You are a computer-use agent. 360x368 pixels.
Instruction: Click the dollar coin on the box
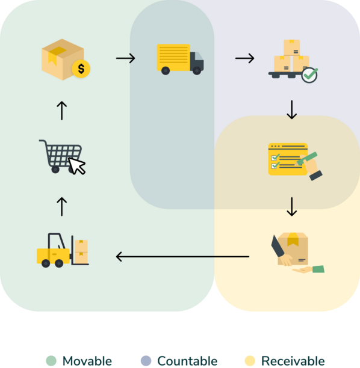click(81, 69)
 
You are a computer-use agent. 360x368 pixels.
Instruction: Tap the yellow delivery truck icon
click(180, 60)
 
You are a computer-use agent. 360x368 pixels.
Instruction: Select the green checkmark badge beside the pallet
click(309, 75)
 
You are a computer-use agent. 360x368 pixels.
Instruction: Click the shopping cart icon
click(62, 157)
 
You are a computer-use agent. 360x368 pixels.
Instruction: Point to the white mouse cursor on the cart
click(76, 166)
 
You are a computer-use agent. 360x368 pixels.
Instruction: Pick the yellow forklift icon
click(63, 250)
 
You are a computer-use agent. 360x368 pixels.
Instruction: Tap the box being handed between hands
click(293, 248)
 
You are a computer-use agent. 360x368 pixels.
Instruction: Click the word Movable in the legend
click(87, 361)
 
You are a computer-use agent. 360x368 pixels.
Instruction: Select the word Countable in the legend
click(187, 361)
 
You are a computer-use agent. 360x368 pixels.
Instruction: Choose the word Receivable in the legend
click(293, 361)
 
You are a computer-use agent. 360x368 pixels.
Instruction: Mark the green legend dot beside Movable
click(51, 361)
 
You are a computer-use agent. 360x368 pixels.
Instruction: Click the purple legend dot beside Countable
click(146, 361)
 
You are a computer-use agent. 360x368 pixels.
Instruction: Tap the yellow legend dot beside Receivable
click(250, 361)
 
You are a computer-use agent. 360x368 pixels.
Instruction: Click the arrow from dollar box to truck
click(126, 58)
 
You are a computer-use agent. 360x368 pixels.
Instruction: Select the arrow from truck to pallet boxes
click(244, 58)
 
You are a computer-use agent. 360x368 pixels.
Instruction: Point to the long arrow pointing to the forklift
click(182, 257)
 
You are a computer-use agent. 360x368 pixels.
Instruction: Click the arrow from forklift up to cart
click(62, 206)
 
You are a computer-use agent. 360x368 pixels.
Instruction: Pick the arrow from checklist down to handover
click(291, 206)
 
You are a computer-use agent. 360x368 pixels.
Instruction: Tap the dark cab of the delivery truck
click(197, 61)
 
